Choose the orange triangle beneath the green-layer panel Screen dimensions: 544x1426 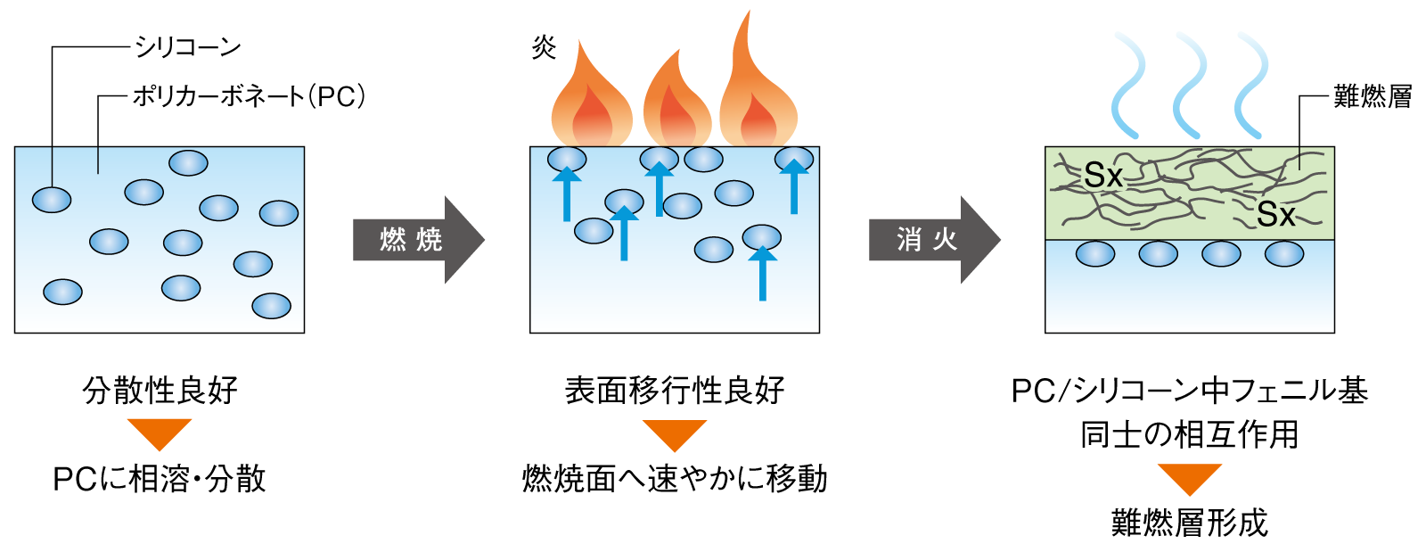click(x=1189, y=477)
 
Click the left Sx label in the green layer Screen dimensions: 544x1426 click(x=1103, y=176)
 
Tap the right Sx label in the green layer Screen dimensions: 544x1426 click(x=1275, y=215)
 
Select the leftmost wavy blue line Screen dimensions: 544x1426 click(x=1128, y=85)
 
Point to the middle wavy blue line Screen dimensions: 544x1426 click(x=1190, y=85)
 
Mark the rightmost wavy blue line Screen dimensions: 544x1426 click(x=1251, y=85)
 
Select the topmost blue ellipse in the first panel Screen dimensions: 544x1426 click(x=188, y=163)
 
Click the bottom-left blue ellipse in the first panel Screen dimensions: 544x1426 click(x=62, y=292)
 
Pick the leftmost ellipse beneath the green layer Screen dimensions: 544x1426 click(x=1095, y=254)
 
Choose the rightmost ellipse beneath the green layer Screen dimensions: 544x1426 click(x=1284, y=254)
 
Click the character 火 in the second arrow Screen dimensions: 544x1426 click(x=945, y=239)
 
